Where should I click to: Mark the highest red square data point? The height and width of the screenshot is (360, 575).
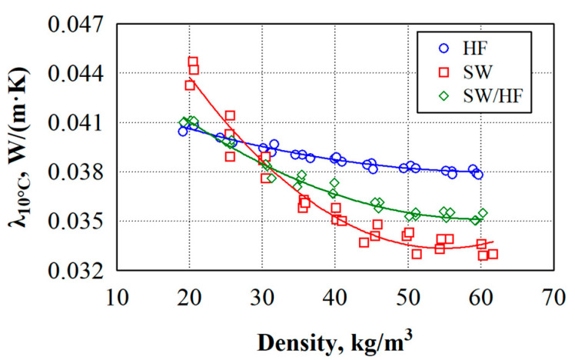tap(192, 62)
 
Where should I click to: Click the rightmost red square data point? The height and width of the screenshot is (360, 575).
tap(493, 254)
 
